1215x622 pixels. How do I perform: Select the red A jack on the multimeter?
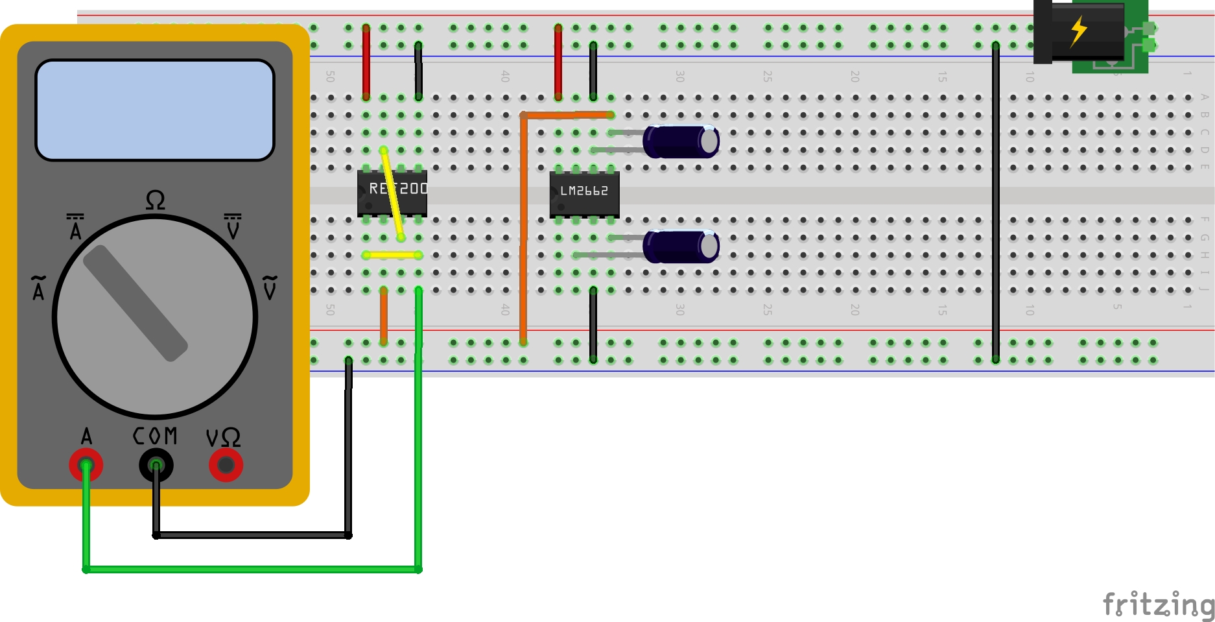point(86,465)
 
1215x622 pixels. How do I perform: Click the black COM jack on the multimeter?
point(156,465)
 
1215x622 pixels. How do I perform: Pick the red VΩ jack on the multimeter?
point(226,465)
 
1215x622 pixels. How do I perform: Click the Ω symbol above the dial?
point(155,200)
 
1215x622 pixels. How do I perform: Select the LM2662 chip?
point(584,194)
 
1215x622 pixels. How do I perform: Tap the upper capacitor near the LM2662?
point(681,141)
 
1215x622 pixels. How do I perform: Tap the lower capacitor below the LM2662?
point(681,246)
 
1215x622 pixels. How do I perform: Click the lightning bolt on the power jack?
point(1078,31)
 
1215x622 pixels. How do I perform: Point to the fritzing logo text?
point(1158,604)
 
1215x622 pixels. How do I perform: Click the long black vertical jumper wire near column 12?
point(996,201)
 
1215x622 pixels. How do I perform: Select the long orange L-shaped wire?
point(523,227)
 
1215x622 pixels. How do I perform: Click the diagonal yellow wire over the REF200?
point(392,195)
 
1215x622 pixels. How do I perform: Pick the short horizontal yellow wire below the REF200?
point(392,255)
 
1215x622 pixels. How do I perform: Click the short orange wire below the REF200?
point(384,316)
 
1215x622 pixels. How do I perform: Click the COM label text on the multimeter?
point(155,436)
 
